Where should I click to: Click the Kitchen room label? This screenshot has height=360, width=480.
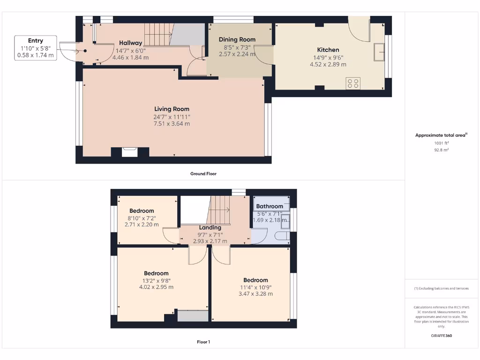pos(328,50)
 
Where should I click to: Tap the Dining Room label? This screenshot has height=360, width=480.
pos(237,39)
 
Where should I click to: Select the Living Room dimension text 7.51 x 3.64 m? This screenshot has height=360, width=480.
pos(171,124)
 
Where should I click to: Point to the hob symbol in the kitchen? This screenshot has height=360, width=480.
pos(352,83)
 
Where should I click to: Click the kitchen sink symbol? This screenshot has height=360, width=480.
pos(379,52)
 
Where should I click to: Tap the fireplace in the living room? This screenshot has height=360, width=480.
pos(129,152)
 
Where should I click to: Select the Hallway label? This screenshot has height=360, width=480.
pos(130,43)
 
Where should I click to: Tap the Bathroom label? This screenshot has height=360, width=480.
pos(270,206)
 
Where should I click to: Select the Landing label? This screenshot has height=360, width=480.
pos(210,228)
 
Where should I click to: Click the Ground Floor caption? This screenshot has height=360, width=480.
pos(203,173)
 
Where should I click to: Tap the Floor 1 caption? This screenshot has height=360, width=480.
pos(203,342)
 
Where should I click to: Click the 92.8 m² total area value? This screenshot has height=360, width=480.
pos(442,150)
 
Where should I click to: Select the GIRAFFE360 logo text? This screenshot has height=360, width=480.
pos(442,336)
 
